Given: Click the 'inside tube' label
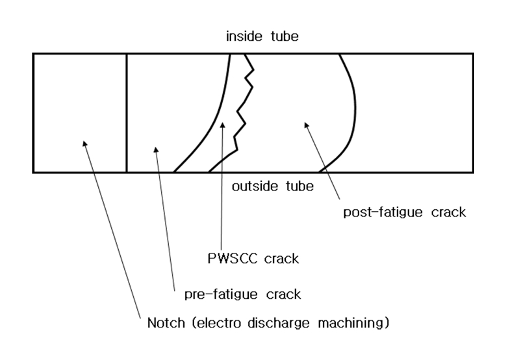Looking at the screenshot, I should click(x=262, y=36).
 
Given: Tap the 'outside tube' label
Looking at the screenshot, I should click(x=272, y=186).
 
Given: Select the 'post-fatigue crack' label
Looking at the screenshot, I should click(x=403, y=212).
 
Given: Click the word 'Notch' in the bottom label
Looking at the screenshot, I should click(x=158, y=322).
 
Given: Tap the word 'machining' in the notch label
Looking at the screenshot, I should click(x=353, y=322).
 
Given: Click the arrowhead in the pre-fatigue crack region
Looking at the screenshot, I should click(x=155, y=149).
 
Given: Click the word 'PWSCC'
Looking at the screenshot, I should click(x=230, y=259).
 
